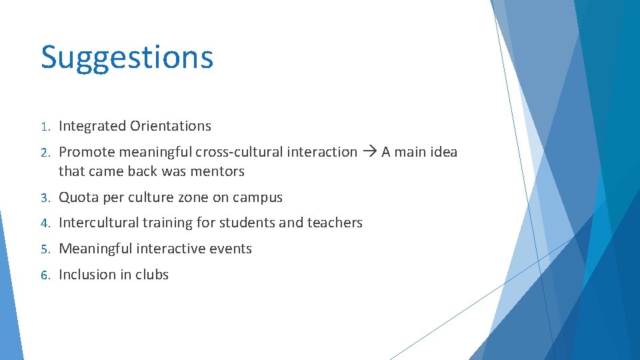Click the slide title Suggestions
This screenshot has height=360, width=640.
(x=127, y=58)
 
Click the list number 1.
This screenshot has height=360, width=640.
(x=44, y=127)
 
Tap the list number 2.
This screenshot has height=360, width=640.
(x=44, y=153)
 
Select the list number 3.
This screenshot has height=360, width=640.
(x=44, y=198)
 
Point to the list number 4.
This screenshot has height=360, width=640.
(x=44, y=223)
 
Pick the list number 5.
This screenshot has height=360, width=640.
(x=44, y=249)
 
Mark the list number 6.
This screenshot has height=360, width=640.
(x=44, y=275)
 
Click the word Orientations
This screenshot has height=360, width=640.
(x=171, y=126)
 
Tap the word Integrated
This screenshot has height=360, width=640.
(x=92, y=126)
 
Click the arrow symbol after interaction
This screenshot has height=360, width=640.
(x=369, y=152)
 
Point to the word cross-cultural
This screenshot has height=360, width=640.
(x=239, y=152)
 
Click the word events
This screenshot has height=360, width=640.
(x=231, y=249)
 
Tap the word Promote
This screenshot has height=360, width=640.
(x=85, y=152)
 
